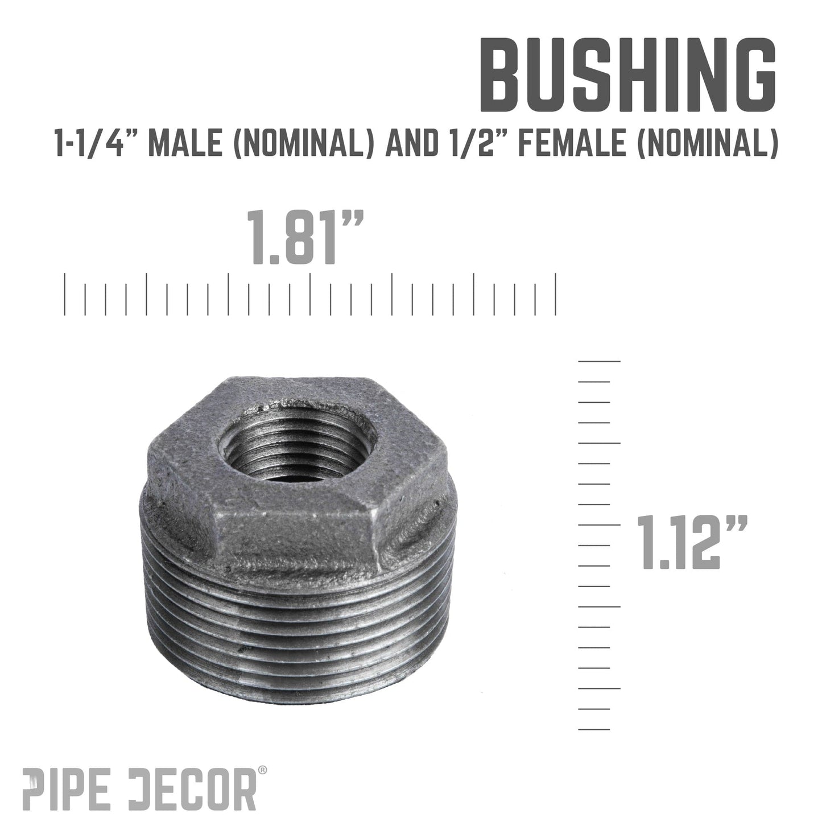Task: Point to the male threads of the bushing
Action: click(296, 626)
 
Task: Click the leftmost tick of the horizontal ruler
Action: click(65, 294)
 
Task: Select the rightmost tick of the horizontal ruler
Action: click(556, 294)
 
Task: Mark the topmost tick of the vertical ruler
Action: click(599, 361)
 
